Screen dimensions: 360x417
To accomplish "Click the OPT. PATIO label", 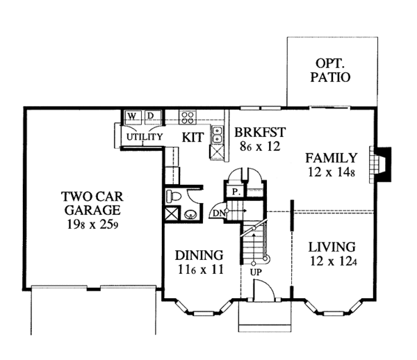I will [330, 69].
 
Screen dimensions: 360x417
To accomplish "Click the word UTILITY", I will [144, 137].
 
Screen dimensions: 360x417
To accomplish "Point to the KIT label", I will [193, 137].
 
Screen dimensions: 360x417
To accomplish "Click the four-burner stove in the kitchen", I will [187, 116].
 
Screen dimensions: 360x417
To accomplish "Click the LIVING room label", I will [332, 247].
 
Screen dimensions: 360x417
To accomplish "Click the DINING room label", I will [198, 255].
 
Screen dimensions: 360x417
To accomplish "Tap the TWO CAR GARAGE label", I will [90, 202].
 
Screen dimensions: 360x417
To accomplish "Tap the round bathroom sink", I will [189, 214].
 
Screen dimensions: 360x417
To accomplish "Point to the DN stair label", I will [219, 213].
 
